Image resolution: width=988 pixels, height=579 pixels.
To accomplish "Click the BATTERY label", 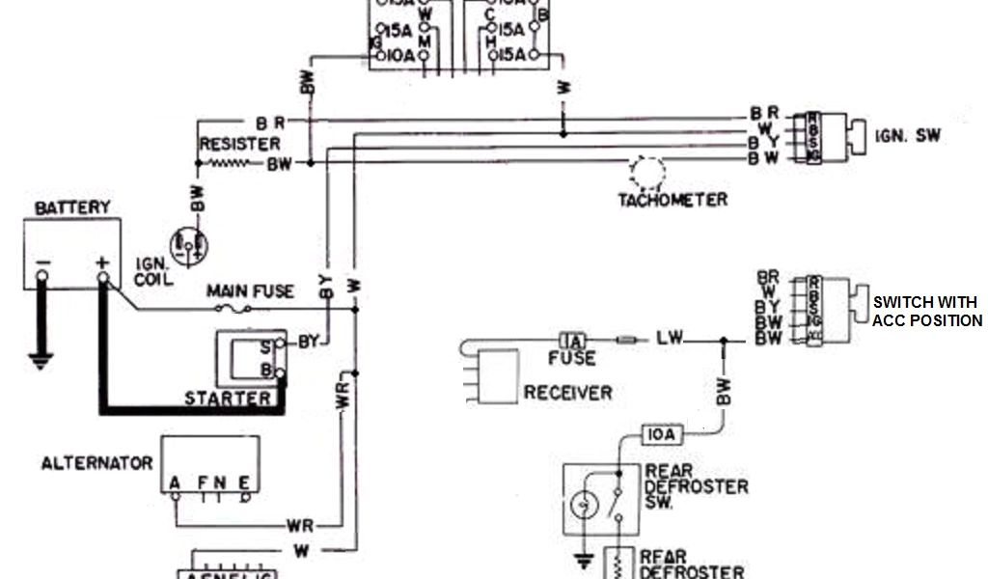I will coord(72,208).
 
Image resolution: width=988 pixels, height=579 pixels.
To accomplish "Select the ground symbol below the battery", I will coord(41,363).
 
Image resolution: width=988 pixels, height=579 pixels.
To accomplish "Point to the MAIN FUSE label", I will coord(250,291).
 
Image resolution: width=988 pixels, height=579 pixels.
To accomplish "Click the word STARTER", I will coord(228,398).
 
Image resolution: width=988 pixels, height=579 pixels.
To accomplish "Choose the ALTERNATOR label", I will coord(96,463).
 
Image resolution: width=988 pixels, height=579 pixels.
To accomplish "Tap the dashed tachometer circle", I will coord(646,173).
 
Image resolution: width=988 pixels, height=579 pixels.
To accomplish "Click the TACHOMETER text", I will coord(672,200).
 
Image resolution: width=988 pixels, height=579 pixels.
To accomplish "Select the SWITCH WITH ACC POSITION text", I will coord(926,311).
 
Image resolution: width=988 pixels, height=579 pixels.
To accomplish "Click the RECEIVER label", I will coord(567,393).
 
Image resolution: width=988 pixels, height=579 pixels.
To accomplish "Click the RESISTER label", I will coord(240,144).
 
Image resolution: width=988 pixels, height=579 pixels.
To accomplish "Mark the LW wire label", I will coord(670,338).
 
